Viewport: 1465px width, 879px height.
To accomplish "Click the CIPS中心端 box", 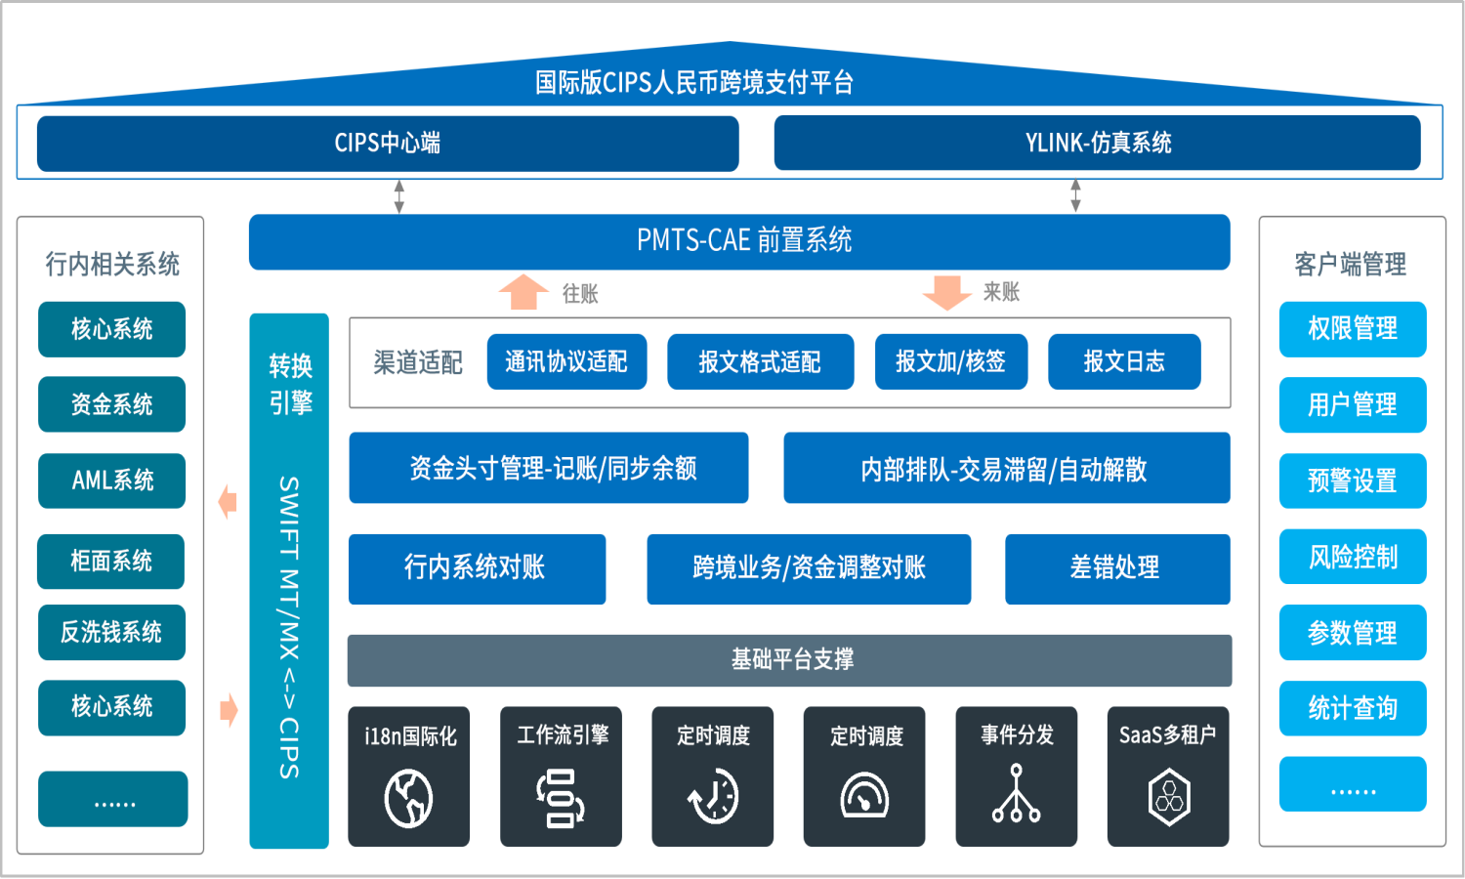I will [x=388, y=144].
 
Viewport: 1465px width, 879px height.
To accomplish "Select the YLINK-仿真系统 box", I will [x=1097, y=144].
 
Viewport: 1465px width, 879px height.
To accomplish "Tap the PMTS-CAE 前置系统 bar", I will [x=739, y=241].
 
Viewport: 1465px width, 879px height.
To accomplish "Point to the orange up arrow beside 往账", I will [x=523, y=292].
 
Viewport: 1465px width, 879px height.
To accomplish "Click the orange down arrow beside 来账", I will [x=946, y=292].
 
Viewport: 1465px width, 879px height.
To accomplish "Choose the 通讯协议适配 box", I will [x=566, y=362].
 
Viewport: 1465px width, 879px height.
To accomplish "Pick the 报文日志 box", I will [x=1124, y=362].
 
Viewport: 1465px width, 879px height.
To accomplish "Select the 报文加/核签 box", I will [x=950, y=362].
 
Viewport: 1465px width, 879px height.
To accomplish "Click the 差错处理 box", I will [x=1116, y=568].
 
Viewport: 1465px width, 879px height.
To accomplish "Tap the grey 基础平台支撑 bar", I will [x=789, y=660].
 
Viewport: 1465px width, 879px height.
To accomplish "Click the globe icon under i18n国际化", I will [x=408, y=798].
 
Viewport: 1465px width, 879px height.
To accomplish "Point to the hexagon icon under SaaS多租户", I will [x=1168, y=797].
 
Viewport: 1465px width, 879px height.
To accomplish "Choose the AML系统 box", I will [x=111, y=481].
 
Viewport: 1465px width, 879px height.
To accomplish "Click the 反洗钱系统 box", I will [x=111, y=633].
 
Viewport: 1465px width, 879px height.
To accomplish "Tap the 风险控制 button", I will [x=1353, y=558].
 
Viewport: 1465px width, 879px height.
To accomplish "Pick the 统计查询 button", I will [x=1353, y=709].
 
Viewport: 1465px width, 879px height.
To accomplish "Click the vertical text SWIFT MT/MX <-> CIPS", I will [x=289, y=627].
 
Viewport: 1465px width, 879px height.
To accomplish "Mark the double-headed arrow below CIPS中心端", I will [x=398, y=195].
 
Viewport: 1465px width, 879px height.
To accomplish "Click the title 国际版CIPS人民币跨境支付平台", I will [x=693, y=83].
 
